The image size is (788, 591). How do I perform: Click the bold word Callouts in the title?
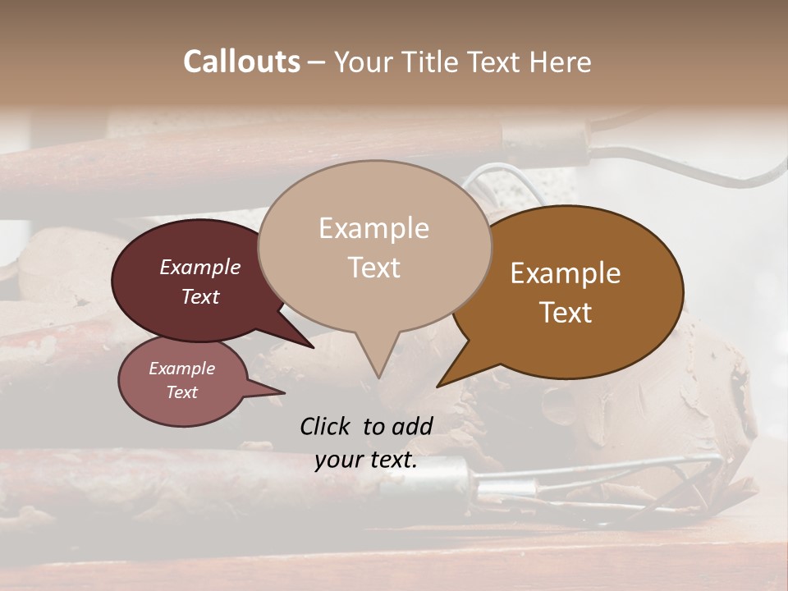[241, 62]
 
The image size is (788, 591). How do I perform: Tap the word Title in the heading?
[434, 62]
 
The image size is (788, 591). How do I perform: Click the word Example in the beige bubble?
[373, 228]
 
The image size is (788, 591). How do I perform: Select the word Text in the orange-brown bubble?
[566, 313]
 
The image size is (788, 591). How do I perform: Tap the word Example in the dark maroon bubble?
[199, 267]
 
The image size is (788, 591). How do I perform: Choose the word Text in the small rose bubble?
[181, 392]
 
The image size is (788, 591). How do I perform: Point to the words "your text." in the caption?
[366, 460]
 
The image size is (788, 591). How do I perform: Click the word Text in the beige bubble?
[374, 268]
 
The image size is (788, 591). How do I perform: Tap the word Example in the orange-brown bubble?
[566, 273]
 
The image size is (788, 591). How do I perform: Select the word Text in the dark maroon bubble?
[200, 296]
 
